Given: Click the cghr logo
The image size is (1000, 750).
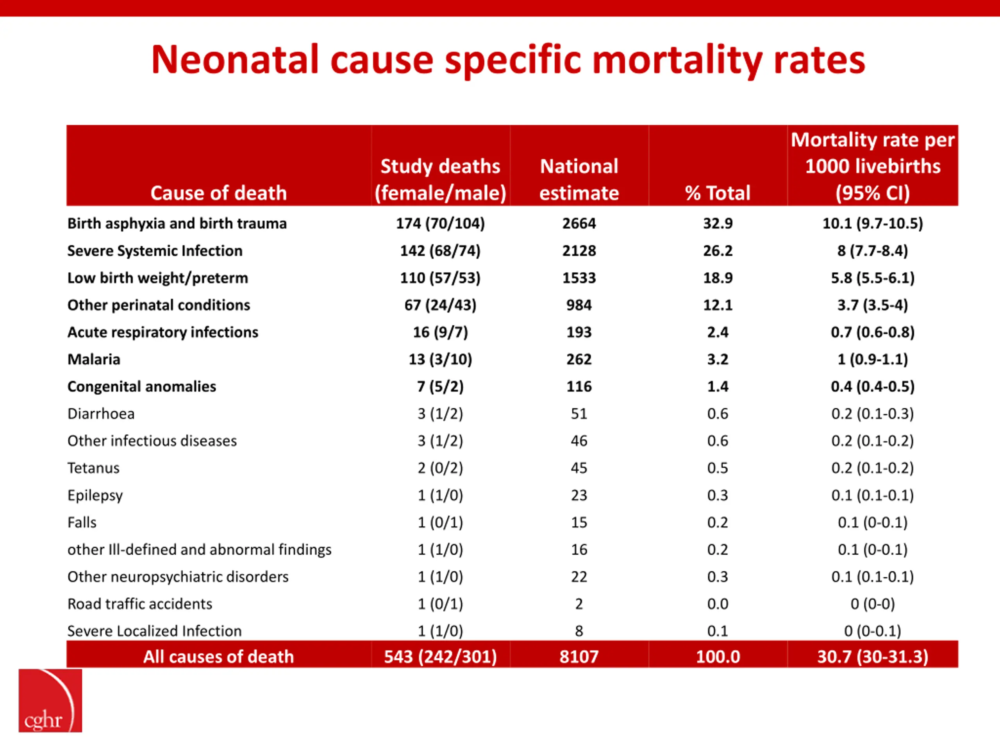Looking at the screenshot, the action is point(50,700).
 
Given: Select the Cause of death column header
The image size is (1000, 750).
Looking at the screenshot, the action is point(219,193).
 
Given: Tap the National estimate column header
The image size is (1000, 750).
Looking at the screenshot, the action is point(579,179).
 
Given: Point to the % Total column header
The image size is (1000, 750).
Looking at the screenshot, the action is point(718,193).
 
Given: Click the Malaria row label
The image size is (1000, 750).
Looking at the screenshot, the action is point(94,359).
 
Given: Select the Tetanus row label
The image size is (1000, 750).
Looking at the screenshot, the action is point(94,468).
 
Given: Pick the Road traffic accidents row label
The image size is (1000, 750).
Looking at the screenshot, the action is point(140,604).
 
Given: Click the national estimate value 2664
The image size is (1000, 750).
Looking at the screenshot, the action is point(579,223).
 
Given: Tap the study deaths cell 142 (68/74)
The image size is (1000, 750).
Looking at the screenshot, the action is point(440,251).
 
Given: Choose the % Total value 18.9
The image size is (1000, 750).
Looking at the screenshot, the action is point(718,278).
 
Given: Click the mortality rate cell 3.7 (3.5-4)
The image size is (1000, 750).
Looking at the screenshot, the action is point(873,305).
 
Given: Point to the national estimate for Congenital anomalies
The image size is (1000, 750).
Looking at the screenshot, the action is point(579,387).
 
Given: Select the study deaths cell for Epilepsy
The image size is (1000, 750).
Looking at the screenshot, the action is point(440,495).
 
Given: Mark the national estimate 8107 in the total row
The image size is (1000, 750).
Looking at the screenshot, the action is point(579,656).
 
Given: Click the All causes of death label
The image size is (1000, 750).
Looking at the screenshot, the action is point(219,656).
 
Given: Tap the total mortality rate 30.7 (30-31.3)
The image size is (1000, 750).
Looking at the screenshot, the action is point(873,656).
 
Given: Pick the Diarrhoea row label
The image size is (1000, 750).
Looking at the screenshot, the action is point(101,414).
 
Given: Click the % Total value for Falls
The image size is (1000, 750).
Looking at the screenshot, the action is point(718,523).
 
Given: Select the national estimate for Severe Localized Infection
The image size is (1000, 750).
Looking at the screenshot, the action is point(579,631).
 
